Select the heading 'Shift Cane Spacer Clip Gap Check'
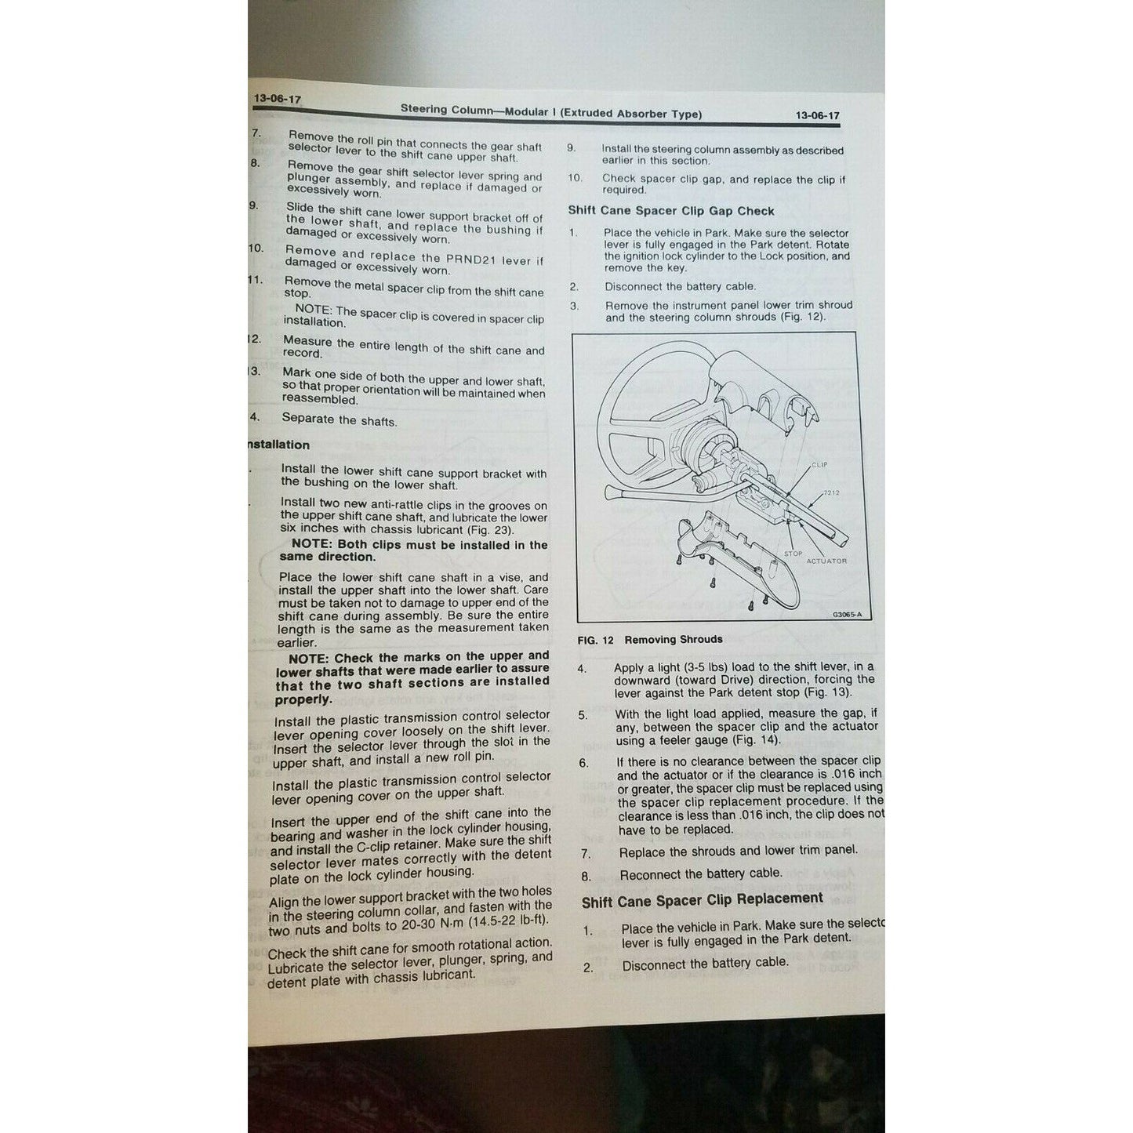670,211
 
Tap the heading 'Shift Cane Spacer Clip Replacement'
702,900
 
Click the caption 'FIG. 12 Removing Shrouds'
649,640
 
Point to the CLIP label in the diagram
819,465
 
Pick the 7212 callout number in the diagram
831,493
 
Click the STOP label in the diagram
793,554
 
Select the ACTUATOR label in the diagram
826,561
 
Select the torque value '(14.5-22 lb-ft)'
507,921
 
